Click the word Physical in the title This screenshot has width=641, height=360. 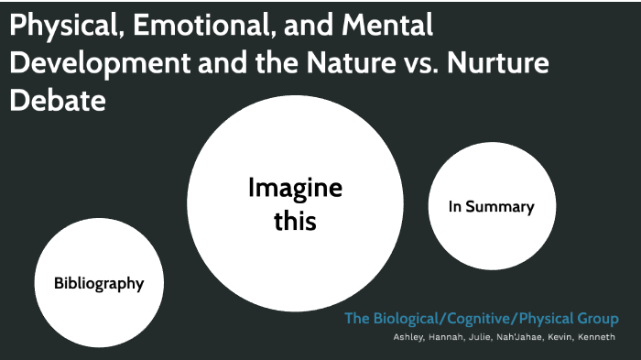click(x=63, y=27)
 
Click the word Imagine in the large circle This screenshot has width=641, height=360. click(x=295, y=190)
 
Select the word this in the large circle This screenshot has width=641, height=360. click(x=295, y=221)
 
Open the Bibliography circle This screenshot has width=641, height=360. click(x=99, y=283)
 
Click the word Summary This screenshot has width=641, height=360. click(x=499, y=207)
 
